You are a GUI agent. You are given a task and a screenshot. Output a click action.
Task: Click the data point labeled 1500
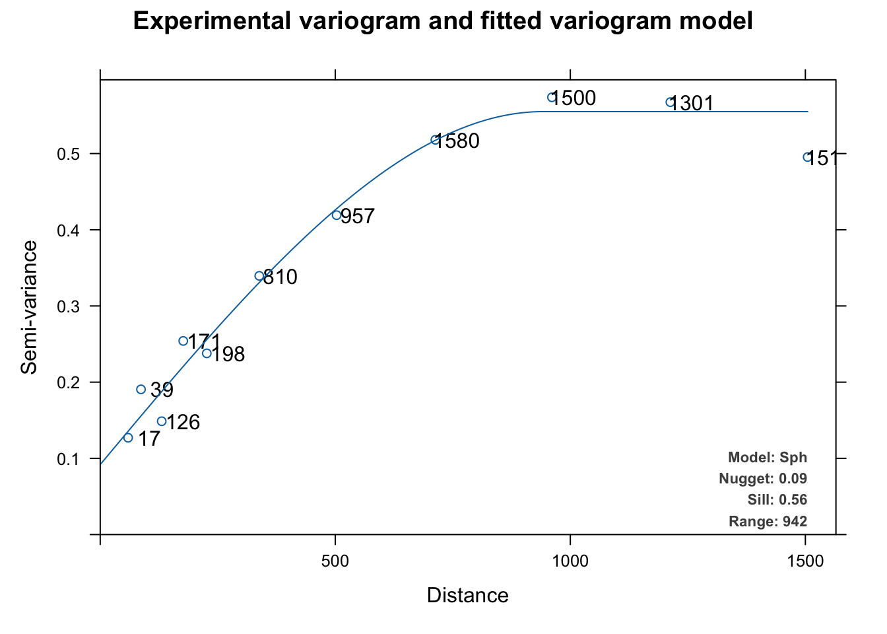pyautogui.click(x=552, y=97)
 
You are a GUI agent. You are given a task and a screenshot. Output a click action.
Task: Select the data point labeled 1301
pyautogui.click(x=670, y=102)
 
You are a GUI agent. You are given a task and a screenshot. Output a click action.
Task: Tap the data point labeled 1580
pyautogui.click(x=435, y=140)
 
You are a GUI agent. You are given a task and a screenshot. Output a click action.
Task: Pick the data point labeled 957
pyautogui.click(x=337, y=215)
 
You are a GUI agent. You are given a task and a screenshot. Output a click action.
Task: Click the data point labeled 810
pyautogui.click(x=259, y=276)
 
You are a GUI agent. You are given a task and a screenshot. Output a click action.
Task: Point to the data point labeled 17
pyautogui.click(x=128, y=438)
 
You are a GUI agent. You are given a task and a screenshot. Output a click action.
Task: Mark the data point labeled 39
pyautogui.click(x=141, y=390)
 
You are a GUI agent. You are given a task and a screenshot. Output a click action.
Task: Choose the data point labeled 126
pyautogui.click(x=162, y=421)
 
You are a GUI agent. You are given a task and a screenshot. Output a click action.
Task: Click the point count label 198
pyautogui.click(x=228, y=355)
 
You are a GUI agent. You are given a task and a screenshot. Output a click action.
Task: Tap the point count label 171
pyautogui.click(x=204, y=342)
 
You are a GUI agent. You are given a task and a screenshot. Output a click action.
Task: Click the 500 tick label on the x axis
pyautogui.click(x=335, y=561)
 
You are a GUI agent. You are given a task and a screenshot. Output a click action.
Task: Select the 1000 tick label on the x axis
pyautogui.click(x=570, y=561)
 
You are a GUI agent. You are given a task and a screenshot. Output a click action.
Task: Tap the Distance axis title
pyautogui.click(x=467, y=596)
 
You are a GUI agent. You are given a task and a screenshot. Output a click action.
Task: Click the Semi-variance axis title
pyautogui.click(x=29, y=307)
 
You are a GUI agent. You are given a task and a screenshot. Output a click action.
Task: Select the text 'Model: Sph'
pyautogui.click(x=767, y=458)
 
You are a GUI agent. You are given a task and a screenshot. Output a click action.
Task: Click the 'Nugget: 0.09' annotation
pyautogui.click(x=762, y=479)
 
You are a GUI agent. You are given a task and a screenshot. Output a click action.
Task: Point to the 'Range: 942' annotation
pyautogui.click(x=768, y=522)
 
